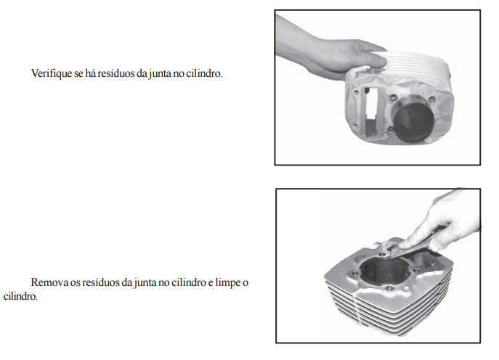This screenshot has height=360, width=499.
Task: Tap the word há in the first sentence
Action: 90,73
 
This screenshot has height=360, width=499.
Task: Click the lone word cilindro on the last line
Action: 20,296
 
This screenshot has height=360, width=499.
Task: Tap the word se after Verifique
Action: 78,74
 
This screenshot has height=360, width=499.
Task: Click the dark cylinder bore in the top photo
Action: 414,123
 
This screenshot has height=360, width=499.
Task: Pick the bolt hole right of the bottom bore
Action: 416,270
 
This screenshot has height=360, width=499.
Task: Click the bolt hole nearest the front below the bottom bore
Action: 389,289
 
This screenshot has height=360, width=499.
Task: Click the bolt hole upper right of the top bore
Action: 431,100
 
